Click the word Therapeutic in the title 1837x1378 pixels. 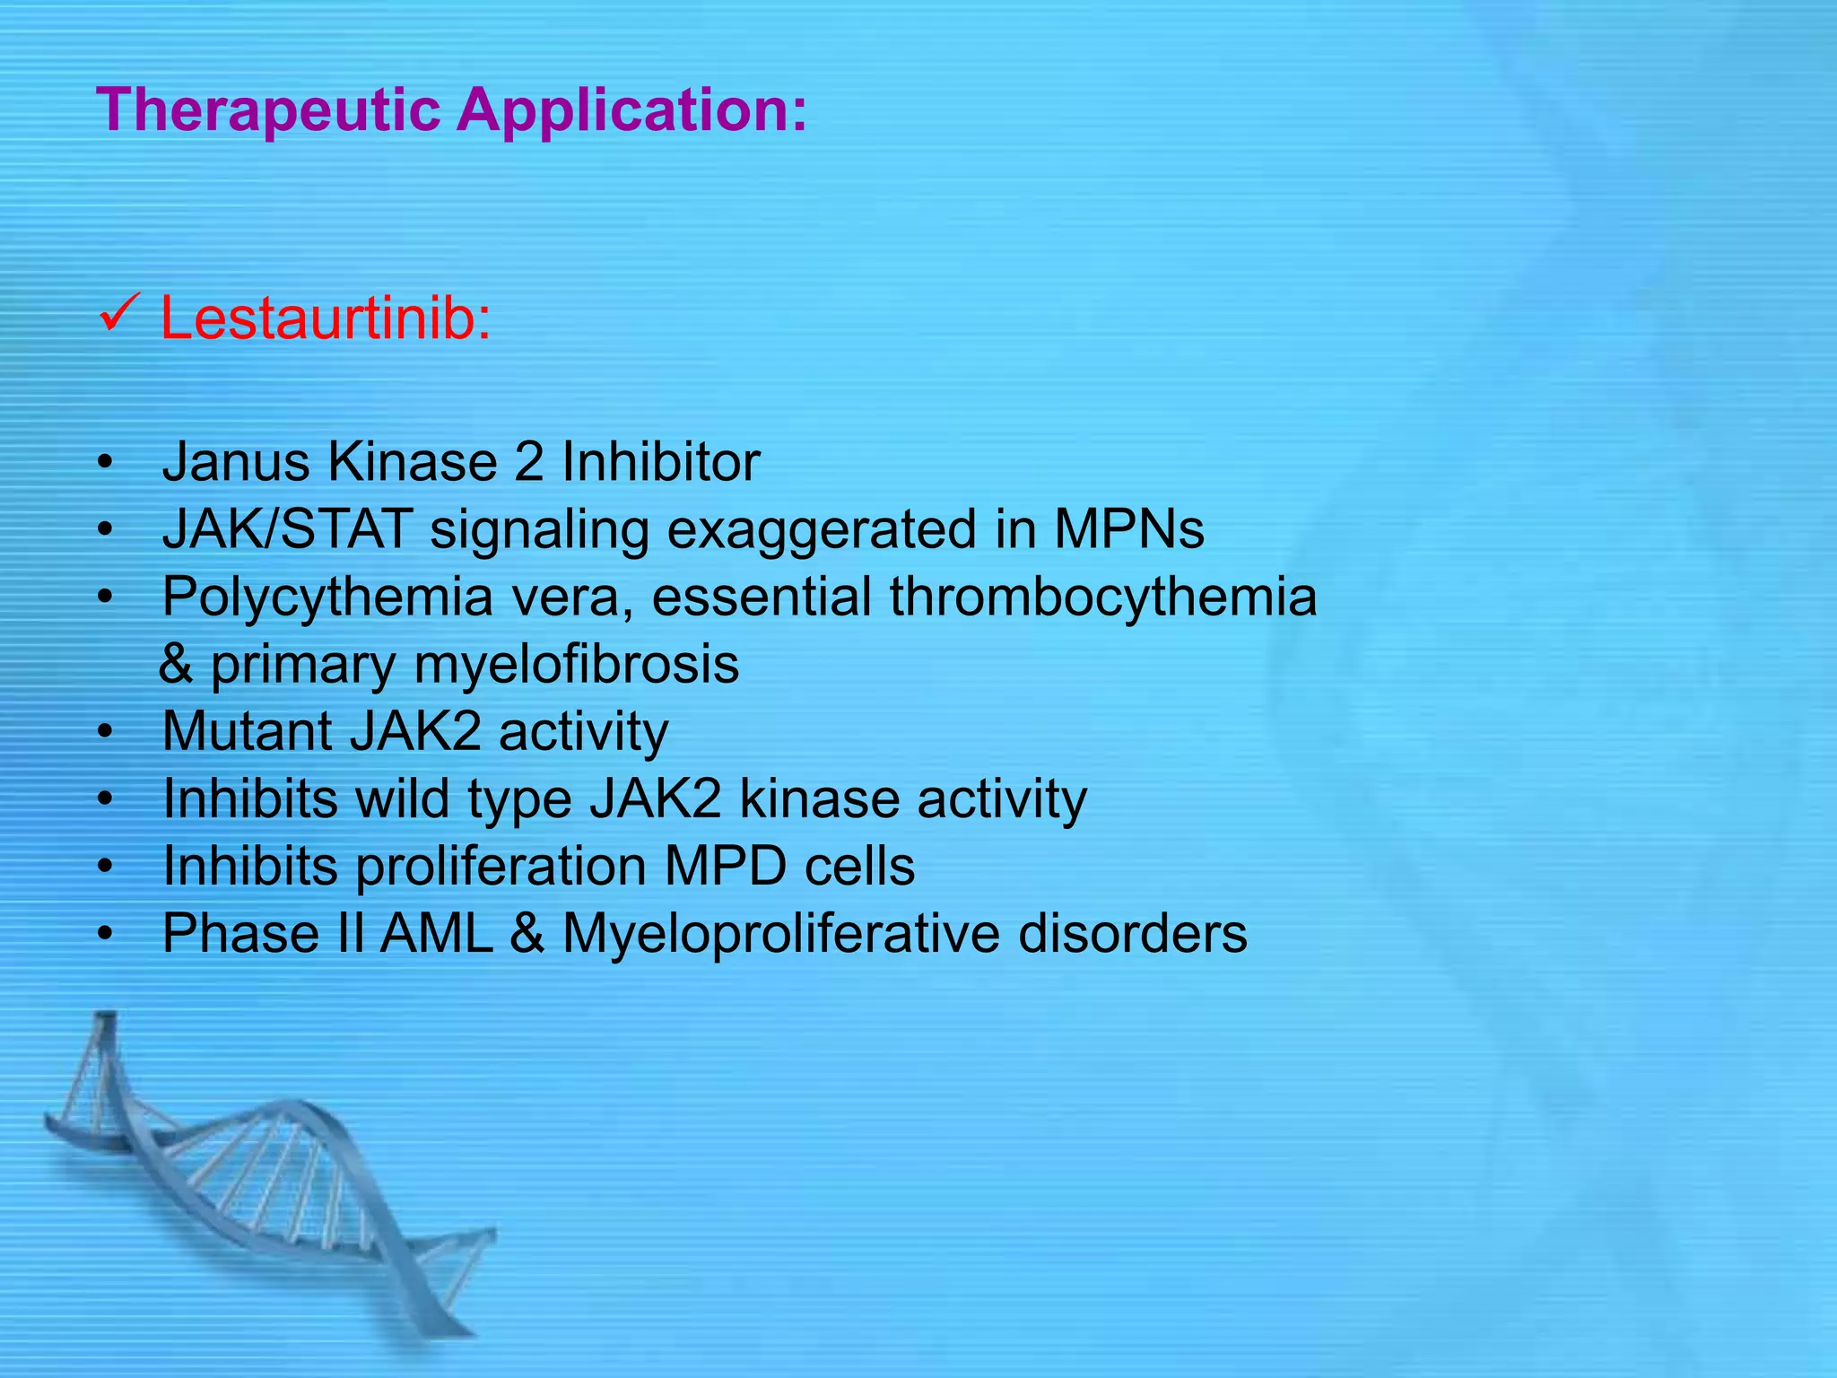point(269,110)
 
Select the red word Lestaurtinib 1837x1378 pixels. point(325,318)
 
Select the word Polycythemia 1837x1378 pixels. point(327,597)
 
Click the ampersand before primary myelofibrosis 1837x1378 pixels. point(176,664)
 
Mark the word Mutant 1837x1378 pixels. point(247,730)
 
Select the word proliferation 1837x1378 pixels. point(501,866)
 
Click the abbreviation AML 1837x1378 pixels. point(437,933)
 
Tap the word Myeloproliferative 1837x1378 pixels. point(780,934)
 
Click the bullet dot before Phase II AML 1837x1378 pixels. point(106,935)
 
